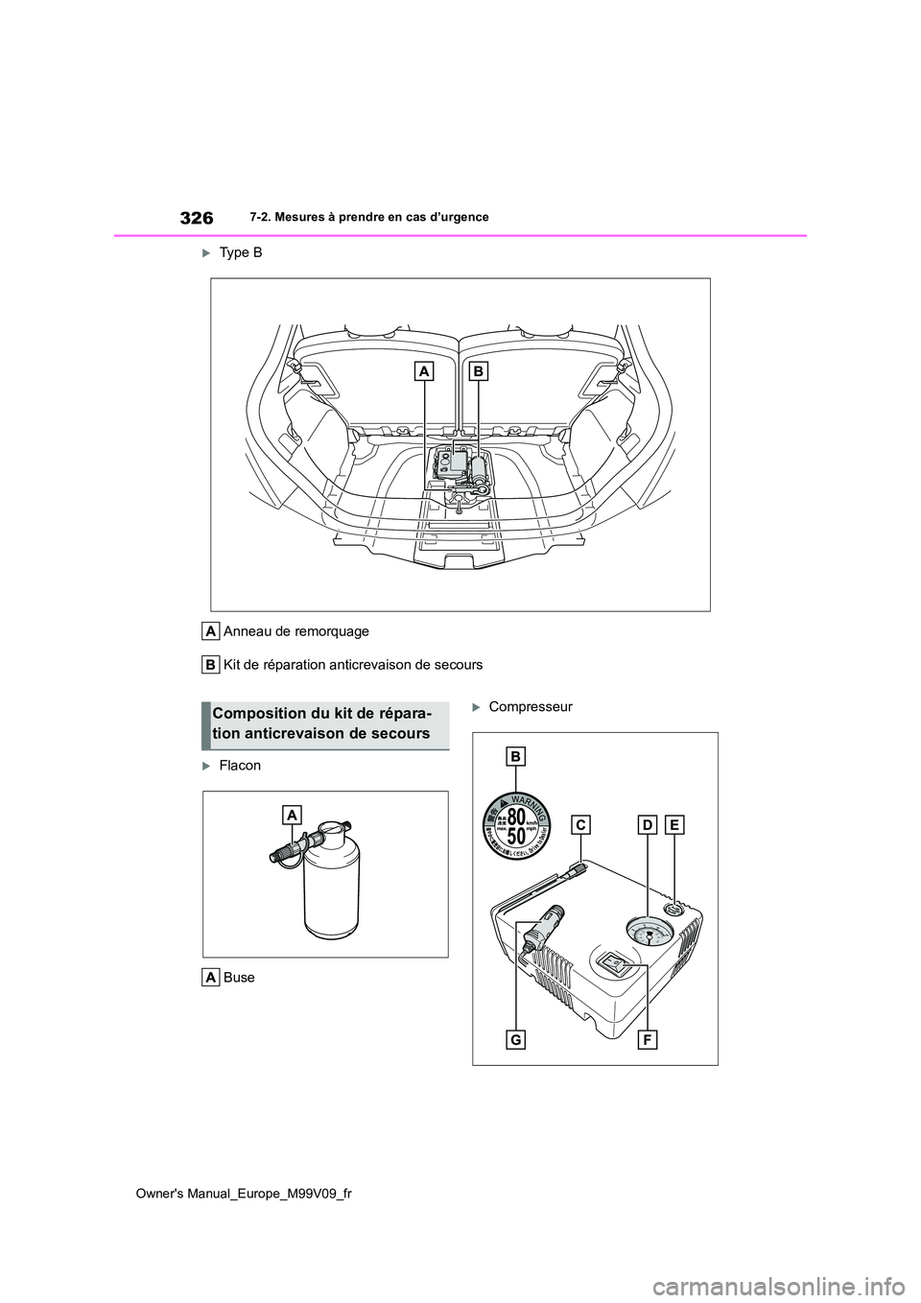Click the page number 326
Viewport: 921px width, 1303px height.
196,218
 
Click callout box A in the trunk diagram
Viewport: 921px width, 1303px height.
425,371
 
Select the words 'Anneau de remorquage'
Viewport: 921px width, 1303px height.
295,631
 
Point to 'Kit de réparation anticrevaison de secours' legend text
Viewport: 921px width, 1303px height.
352,664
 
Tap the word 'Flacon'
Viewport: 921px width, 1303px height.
240,766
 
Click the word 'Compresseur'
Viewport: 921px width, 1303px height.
531,707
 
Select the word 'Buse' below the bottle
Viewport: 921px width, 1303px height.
239,977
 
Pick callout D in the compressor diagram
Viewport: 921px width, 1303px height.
648,824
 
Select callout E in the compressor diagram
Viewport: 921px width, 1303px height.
674,824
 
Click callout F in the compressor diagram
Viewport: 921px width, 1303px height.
647,1039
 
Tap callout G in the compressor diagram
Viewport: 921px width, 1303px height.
516,1039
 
